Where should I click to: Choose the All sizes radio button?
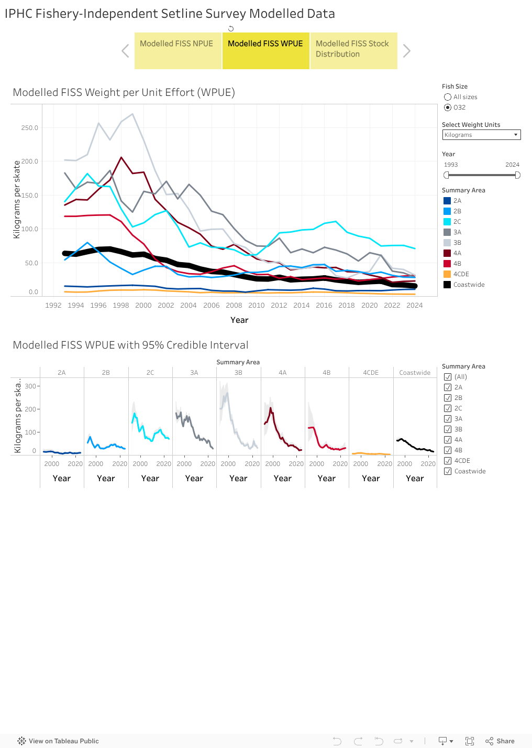tap(448, 97)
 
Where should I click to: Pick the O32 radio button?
tap(448, 107)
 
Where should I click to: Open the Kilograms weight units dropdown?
tap(481, 135)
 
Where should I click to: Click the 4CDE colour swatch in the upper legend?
tap(447, 274)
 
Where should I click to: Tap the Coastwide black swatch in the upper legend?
tap(447, 285)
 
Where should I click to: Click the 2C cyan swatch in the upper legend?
tap(447, 222)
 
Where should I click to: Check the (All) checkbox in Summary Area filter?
tap(448, 377)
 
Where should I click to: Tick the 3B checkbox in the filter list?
tap(448, 429)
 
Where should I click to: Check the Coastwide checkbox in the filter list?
tap(448, 471)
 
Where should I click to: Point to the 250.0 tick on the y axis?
tap(29, 128)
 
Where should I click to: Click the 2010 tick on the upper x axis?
tap(257, 305)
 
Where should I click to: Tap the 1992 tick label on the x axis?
tap(53, 305)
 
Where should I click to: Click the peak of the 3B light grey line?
tap(132, 114)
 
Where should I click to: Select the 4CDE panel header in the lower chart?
tap(371, 373)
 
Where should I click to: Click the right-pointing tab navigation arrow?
tap(407, 51)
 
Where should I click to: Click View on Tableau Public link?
tap(58, 741)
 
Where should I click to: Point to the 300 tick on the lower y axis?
tap(30, 386)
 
